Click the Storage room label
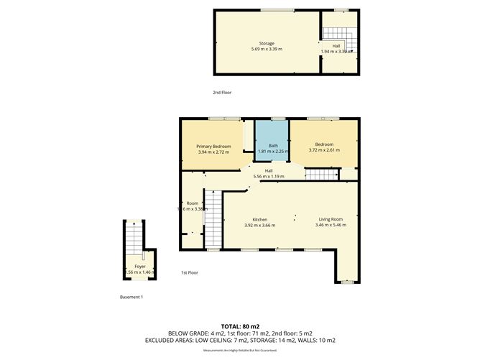[267, 43]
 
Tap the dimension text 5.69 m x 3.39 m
[267, 49]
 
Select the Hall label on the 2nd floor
[336, 46]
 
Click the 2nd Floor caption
[222, 93]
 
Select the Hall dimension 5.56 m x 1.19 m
[268, 175]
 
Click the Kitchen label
[259, 219]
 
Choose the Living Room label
[331, 219]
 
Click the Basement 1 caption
[131, 297]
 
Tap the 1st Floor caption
[189, 273]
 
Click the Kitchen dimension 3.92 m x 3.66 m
[259, 225]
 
